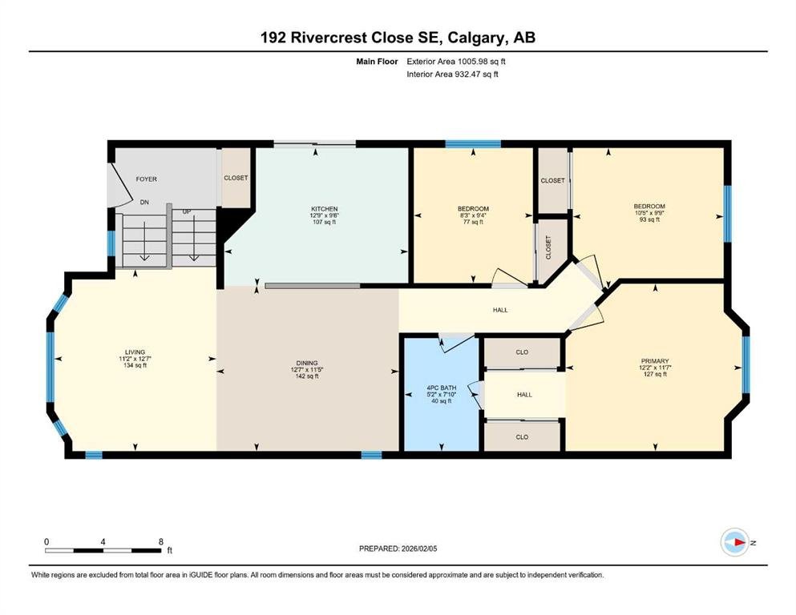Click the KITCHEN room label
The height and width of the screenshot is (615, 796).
pos(325,209)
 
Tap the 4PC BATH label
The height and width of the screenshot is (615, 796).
pos(441,388)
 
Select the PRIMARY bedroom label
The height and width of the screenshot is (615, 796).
pos(655,361)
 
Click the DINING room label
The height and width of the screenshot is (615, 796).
pos(307,363)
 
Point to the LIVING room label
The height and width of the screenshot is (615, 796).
pos(135,352)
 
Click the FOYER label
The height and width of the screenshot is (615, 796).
pos(146,179)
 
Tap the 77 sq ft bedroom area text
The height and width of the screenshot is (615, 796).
pos(474,222)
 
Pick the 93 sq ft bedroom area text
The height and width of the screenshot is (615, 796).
pos(649,219)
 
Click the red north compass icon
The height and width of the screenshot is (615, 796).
pos(735,542)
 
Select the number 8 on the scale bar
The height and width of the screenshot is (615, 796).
pos(161,541)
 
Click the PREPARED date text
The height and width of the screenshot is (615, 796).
pos(398,549)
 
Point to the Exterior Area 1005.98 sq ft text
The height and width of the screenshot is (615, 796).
pos(456,62)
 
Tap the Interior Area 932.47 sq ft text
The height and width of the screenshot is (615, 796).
pos(452,74)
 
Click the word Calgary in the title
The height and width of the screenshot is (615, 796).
pos(476,38)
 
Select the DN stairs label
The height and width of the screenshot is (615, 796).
pos(144,202)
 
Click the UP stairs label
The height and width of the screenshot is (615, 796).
pos(187,211)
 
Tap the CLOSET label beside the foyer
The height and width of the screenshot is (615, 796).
pos(236,178)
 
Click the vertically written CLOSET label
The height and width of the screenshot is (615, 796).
pos(548,247)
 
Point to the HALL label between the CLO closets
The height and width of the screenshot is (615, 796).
pos(524,395)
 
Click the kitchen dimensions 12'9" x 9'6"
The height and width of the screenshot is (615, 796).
pos(325,215)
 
